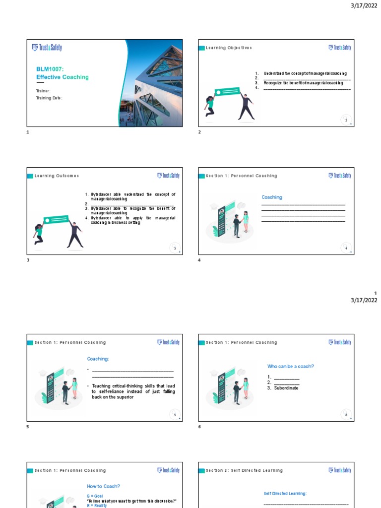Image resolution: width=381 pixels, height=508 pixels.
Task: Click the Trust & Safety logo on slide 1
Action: (47, 48)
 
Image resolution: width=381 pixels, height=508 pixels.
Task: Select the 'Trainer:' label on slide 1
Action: (43, 91)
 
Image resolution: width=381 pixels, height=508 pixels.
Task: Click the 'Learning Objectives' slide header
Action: (229, 48)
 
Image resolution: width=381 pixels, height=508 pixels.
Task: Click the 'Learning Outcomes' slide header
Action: (57, 176)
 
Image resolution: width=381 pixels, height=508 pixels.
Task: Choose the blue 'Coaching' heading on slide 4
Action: (272, 197)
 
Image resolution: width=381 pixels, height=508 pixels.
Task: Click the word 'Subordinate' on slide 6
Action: (286, 388)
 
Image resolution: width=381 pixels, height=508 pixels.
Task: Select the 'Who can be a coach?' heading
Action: (291, 366)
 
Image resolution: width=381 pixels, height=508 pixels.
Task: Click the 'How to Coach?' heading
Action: (104, 486)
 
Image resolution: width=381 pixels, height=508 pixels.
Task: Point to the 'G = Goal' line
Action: (96, 496)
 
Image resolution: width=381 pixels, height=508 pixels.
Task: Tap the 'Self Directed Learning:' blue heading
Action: (285, 494)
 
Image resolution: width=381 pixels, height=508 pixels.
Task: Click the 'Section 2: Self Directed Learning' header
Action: (244, 470)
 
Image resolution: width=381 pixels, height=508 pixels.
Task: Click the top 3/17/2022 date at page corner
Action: (364, 5)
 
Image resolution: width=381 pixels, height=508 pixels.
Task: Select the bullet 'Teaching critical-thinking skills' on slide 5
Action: (133, 391)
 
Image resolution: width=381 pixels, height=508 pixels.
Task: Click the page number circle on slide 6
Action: (346, 414)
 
